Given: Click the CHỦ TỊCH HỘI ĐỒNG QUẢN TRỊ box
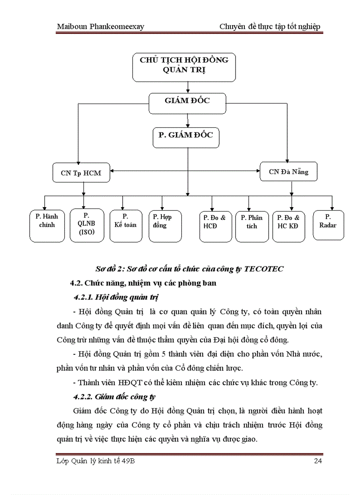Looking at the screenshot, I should [x=184, y=67].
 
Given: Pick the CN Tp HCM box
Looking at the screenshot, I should [x=81, y=173].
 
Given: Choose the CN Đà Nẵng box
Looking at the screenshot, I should [x=289, y=172].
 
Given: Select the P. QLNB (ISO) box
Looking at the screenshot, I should [x=87, y=225].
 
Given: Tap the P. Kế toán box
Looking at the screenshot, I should [x=126, y=225].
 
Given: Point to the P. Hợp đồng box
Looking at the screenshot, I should [x=165, y=225].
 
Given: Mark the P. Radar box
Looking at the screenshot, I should [x=328, y=225].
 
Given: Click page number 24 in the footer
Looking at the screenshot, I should [x=318, y=461].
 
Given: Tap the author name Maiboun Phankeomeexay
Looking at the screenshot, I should [x=101, y=26].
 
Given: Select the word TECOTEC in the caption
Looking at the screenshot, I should [x=263, y=269].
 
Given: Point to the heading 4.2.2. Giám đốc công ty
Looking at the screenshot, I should [x=114, y=397].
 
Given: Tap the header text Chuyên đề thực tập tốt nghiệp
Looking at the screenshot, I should [x=270, y=26].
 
